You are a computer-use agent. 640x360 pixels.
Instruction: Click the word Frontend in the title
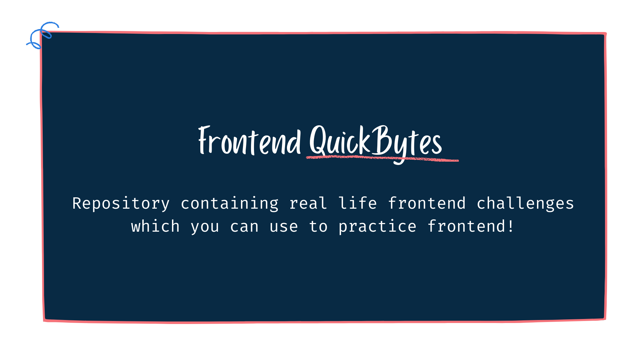pyautogui.click(x=250, y=141)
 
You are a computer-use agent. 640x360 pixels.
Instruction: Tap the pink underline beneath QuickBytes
pyautogui.click(x=382, y=158)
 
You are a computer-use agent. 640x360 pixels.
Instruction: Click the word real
pyautogui.click(x=308, y=203)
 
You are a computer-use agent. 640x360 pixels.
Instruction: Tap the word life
pyautogui.click(x=358, y=203)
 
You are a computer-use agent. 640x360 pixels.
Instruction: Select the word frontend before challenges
pyautogui.click(x=427, y=203)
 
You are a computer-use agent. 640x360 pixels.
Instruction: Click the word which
pyautogui.click(x=155, y=226)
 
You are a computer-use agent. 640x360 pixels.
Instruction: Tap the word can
pyautogui.click(x=244, y=227)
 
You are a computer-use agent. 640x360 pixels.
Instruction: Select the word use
pyautogui.click(x=284, y=227)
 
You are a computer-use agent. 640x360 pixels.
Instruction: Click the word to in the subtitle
pyautogui.click(x=318, y=227)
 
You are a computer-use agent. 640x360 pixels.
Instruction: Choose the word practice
pyautogui.click(x=377, y=227)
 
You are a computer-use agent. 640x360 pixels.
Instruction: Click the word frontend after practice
pyautogui.click(x=466, y=226)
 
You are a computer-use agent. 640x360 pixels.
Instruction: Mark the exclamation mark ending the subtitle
pyautogui.click(x=511, y=226)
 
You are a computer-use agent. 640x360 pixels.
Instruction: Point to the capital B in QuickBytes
pyautogui.click(x=381, y=140)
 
